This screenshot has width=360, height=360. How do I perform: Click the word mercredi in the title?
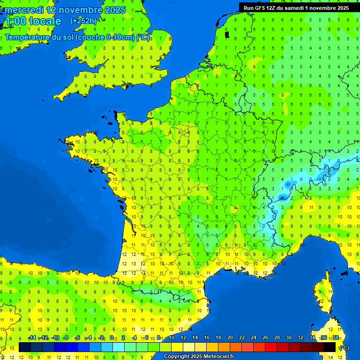[x=24, y=10]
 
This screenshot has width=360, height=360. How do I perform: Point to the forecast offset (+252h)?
[x=83, y=21]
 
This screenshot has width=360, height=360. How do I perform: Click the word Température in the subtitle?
[x=27, y=37]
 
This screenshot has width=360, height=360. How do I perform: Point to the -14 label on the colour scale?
[x=32, y=338]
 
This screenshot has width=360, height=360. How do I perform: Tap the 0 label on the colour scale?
[x=112, y=338]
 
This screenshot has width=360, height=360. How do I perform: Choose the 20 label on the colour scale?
[x=230, y=338]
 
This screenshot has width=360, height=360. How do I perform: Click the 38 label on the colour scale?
[x=336, y=338]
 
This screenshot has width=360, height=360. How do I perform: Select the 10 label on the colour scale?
[x=171, y=338]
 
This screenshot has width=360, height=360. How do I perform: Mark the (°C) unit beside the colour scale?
[x=344, y=348]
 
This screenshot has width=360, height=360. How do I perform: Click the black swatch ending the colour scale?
[x=330, y=347]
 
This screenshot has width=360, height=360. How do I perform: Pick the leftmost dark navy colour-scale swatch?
[x=25, y=347]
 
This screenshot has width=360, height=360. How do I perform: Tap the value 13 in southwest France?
[x=135, y=264]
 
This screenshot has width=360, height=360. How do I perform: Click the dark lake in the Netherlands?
[x=227, y=34]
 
